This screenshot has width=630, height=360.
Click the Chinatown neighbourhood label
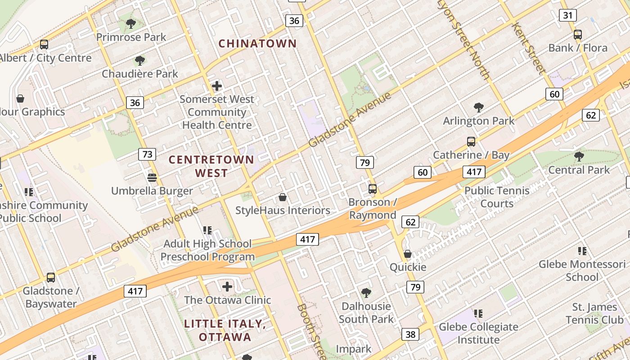click(257, 44)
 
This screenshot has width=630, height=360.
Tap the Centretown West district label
click(211, 166)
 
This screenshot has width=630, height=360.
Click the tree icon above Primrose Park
click(131, 23)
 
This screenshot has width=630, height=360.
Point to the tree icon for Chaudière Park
click(140, 60)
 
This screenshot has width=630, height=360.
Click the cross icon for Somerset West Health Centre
click(217, 85)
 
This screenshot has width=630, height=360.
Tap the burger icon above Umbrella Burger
click(152, 178)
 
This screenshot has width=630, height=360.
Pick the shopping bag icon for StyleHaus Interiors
click(283, 197)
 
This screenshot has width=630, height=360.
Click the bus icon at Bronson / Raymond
click(373, 189)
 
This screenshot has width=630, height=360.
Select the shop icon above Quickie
click(408, 254)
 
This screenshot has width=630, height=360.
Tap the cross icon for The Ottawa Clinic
click(227, 286)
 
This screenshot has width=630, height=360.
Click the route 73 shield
click(147, 154)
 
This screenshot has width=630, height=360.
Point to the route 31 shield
click(568, 15)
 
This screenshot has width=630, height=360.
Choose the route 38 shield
click(410, 334)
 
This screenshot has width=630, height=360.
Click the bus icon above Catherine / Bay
click(471, 142)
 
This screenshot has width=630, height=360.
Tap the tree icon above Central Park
click(579, 157)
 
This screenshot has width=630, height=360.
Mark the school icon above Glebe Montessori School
click(582, 251)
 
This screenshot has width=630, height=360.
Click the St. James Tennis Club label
click(595, 313)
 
